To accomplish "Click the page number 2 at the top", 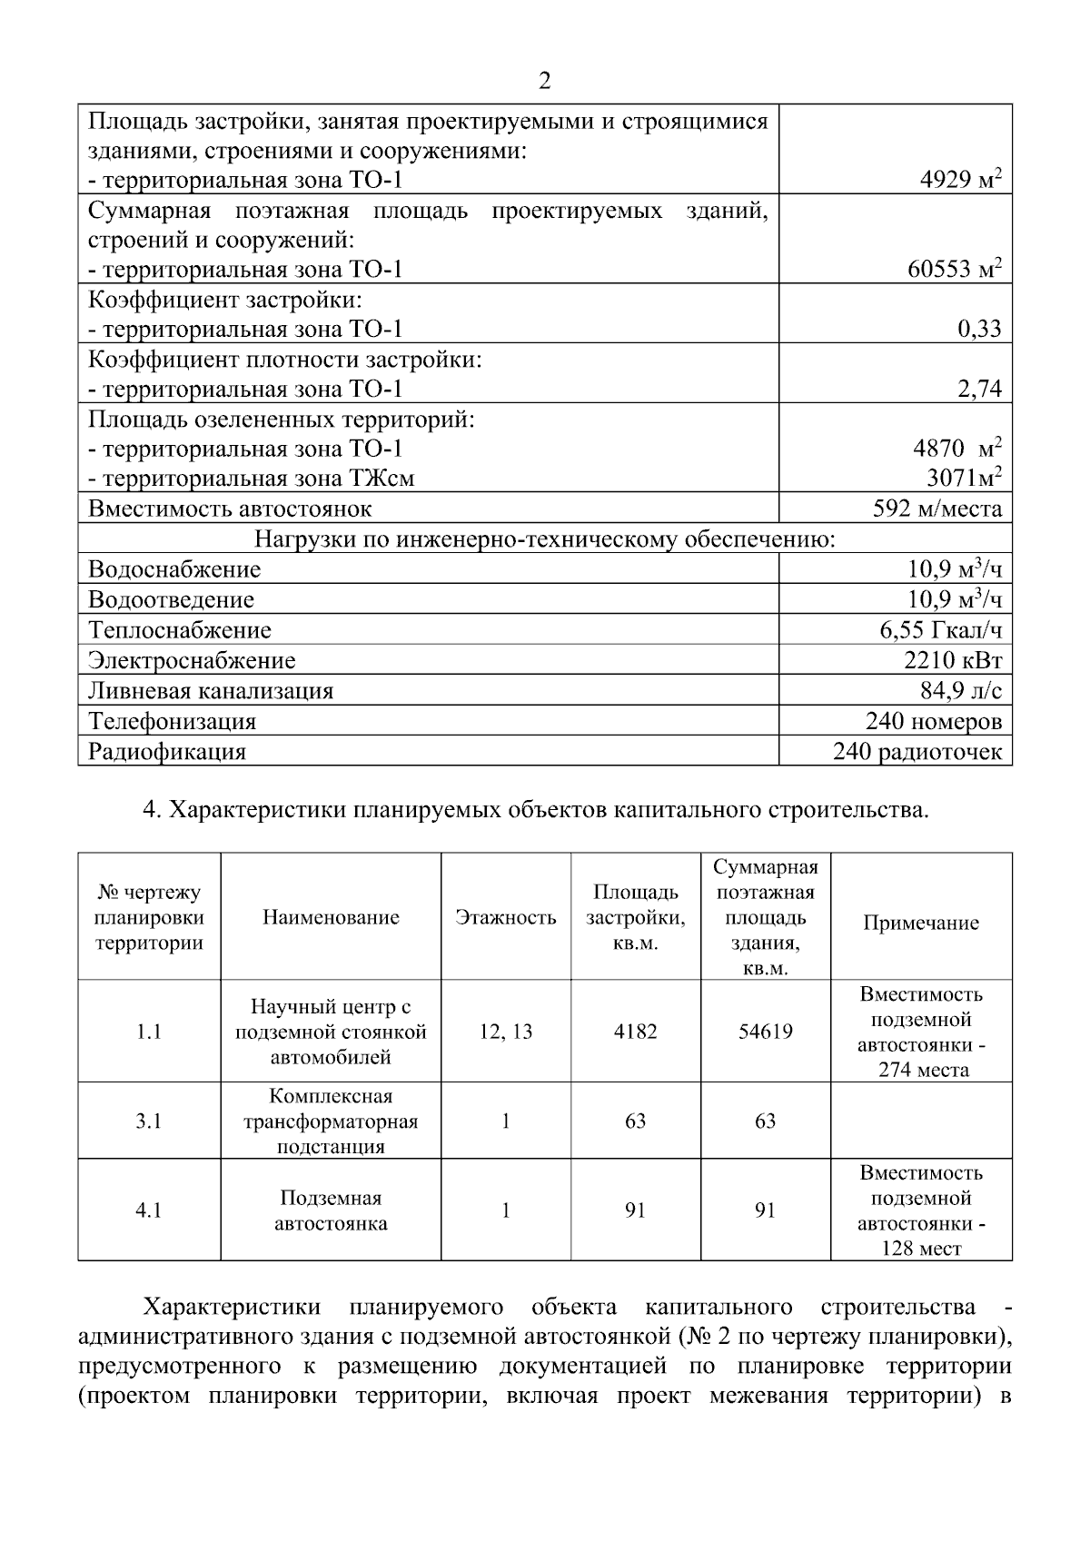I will (544, 82).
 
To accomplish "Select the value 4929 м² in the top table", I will (961, 180).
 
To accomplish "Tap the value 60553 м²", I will (954, 269).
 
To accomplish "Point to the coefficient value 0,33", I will (979, 329).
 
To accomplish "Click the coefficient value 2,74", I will (979, 389).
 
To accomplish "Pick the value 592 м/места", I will (937, 509).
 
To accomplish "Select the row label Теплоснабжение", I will (179, 629).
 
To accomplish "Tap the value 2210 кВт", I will (953, 660).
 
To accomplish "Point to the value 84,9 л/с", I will (961, 691).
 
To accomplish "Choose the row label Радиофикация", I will (166, 752).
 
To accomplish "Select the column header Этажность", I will (505, 917).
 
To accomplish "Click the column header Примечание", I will (920, 923).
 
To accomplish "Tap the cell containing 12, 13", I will (505, 1032).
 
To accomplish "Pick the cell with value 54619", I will (765, 1032).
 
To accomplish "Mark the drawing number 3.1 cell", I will (149, 1121).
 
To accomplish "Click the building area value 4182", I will (635, 1032).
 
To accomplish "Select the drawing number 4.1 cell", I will (149, 1210).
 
